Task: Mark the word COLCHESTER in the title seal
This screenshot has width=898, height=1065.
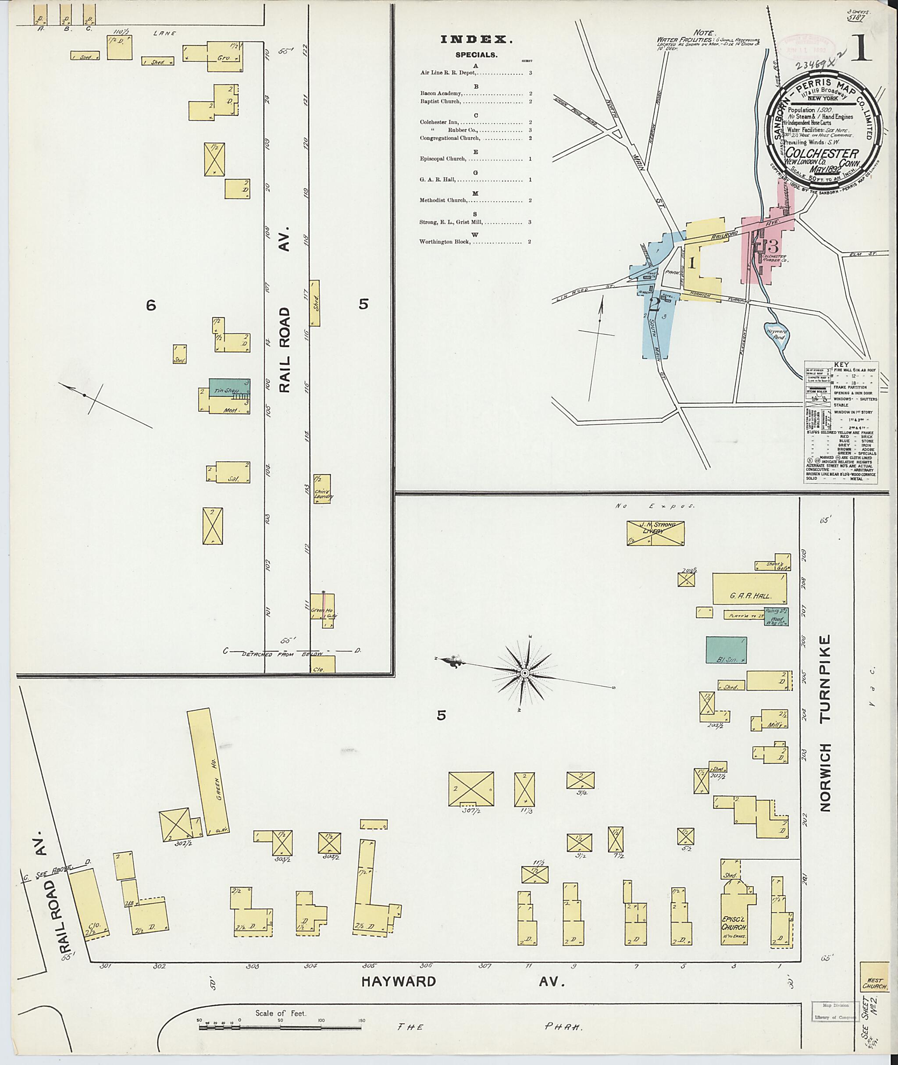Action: (822, 153)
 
